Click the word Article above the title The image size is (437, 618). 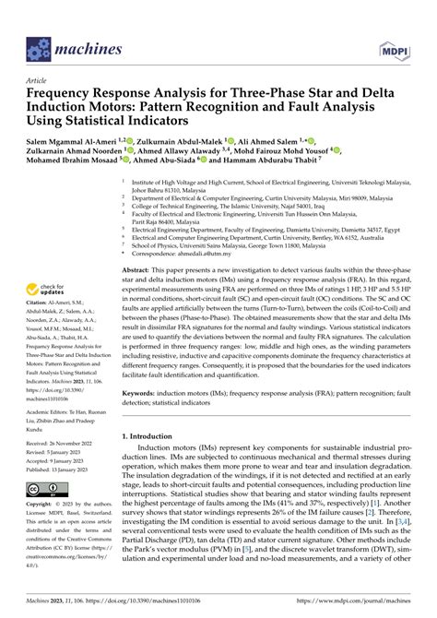point(40,81)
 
